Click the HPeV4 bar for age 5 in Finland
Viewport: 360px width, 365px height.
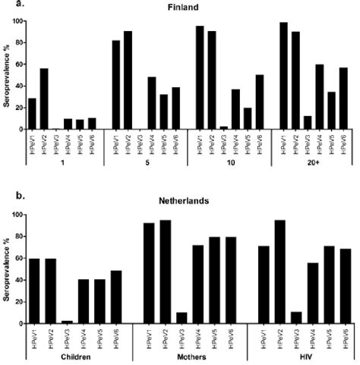[152, 103]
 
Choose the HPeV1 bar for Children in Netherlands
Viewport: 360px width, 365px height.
[34, 291]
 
